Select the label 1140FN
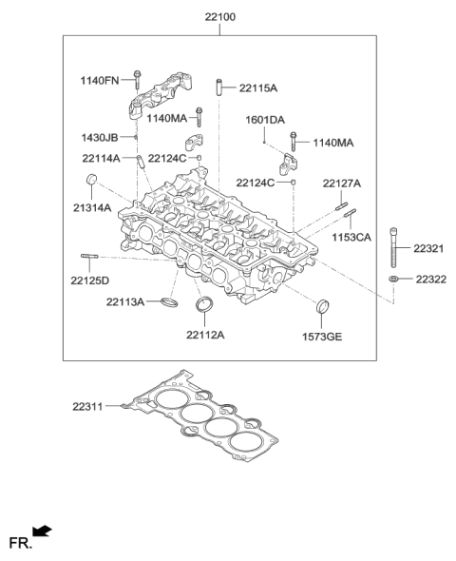pyautogui.click(x=101, y=80)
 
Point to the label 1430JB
pyautogui.click(x=100, y=138)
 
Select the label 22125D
pyautogui.click(x=89, y=280)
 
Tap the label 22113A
pyautogui.click(x=124, y=302)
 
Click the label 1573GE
pyautogui.click(x=323, y=335)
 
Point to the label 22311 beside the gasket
pyautogui.click(x=90, y=406)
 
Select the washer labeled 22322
pyautogui.click(x=392, y=279)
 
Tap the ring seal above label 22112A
pyautogui.click(x=204, y=306)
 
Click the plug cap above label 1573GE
pyautogui.click(x=323, y=306)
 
